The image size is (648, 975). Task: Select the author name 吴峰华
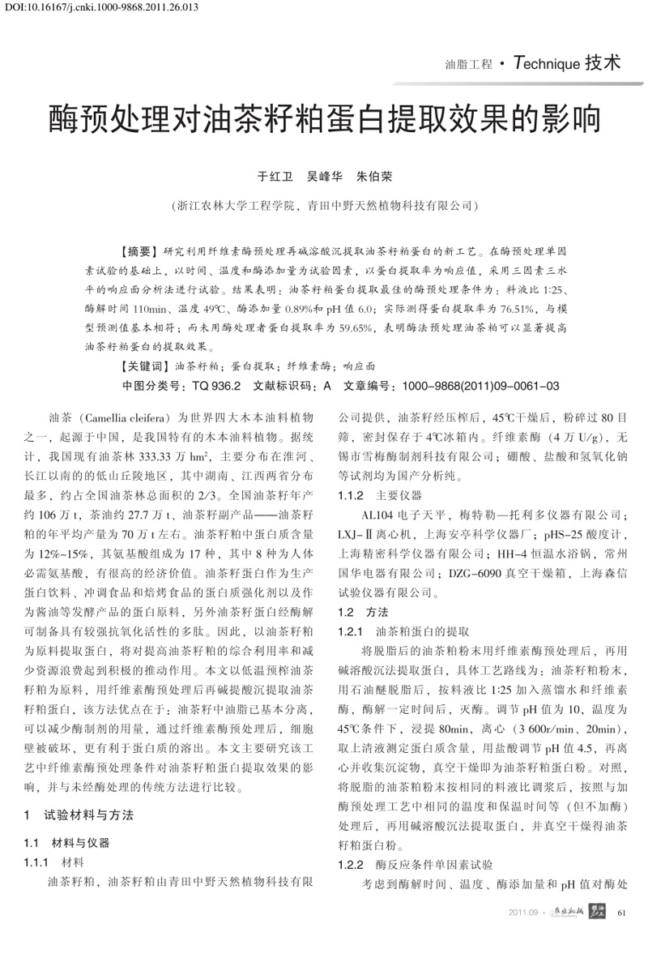(x=324, y=175)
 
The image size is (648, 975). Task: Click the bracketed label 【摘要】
(x=139, y=252)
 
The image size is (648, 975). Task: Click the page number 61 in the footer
(x=622, y=913)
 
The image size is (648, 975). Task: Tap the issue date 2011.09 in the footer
(x=523, y=914)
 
